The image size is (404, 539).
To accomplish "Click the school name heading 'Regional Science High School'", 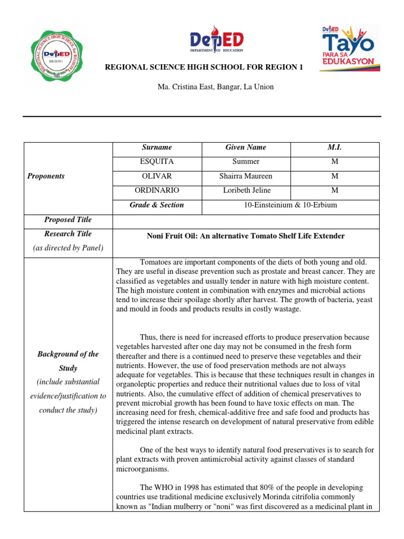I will [x=205, y=68].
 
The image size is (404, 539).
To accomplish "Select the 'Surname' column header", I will [x=157, y=147].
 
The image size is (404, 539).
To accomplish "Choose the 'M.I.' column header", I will [x=334, y=147].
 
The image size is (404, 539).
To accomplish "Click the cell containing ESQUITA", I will [x=157, y=162].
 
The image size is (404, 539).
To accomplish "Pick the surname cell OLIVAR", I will [x=157, y=176].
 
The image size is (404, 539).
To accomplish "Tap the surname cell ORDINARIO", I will [x=157, y=190].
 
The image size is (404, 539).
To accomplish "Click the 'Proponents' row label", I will [x=46, y=176].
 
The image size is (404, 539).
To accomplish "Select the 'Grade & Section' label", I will [x=157, y=205].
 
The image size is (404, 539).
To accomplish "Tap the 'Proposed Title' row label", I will [x=68, y=219].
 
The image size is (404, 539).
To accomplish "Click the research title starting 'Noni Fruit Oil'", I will [x=246, y=236].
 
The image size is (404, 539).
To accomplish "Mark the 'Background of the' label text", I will [x=68, y=354].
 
